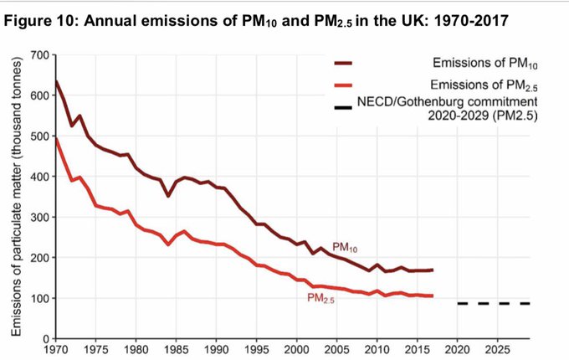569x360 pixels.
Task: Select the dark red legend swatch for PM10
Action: pos(342,64)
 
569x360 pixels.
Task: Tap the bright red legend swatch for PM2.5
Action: pos(342,85)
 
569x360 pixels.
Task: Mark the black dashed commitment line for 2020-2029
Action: pos(494,303)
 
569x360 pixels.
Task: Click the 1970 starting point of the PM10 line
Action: pos(56,81)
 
